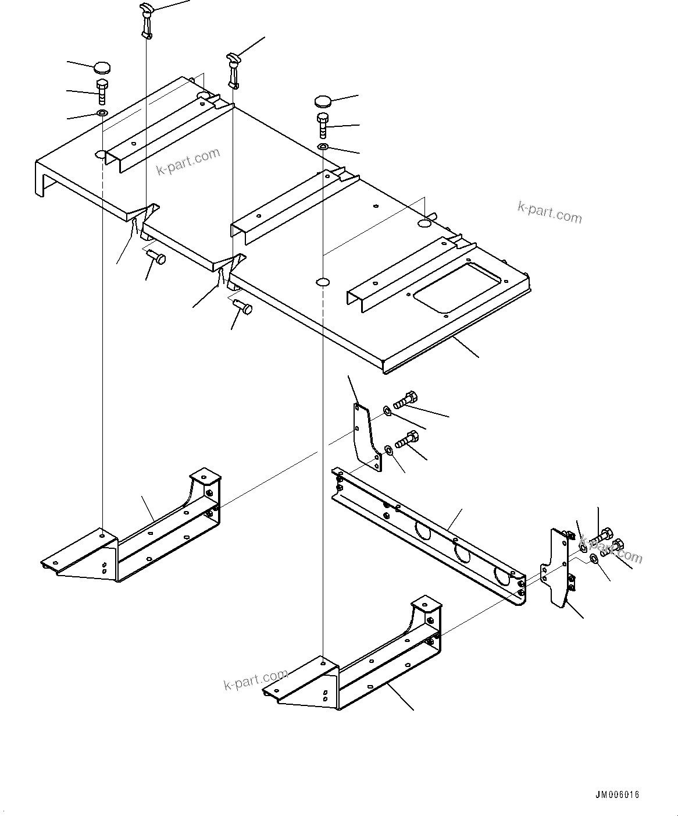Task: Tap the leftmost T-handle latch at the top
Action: (x=147, y=20)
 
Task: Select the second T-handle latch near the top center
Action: (x=233, y=69)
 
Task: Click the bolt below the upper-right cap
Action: (x=323, y=125)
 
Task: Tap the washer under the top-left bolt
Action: (x=102, y=112)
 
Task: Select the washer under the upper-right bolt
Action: (x=323, y=144)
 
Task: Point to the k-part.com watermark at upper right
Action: (x=549, y=212)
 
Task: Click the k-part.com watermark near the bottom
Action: (x=255, y=680)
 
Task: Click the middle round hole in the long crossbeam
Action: (x=462, y=552)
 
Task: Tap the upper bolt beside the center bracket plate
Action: (x=405, y=400)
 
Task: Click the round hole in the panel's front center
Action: (x=323, y=282)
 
